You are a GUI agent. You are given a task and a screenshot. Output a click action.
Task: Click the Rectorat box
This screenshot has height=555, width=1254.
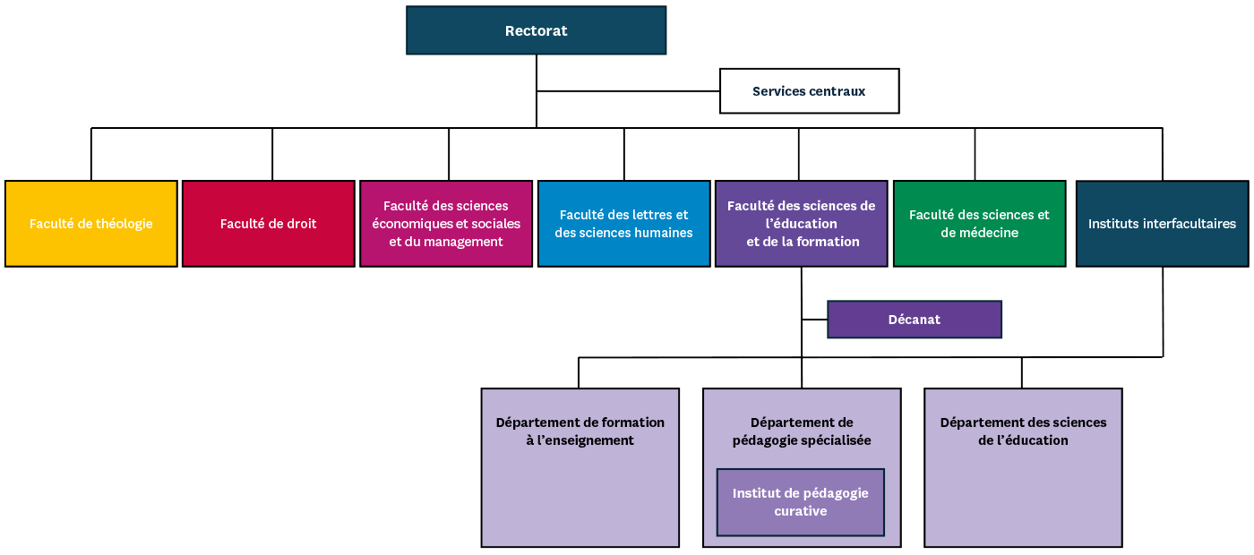tap(536, 30)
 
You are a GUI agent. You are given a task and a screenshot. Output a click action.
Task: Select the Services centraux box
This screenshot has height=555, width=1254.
tap(809, 91)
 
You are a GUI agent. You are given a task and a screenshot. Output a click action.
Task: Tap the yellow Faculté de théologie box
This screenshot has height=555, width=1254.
tap(91, 223)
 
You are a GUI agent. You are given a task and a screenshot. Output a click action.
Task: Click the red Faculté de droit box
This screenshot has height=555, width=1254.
tap(269, 223)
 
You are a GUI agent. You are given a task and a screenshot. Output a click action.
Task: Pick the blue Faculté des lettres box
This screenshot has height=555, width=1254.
tap(623, 223)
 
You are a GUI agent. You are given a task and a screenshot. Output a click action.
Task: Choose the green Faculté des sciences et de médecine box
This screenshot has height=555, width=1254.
tap(979, 223)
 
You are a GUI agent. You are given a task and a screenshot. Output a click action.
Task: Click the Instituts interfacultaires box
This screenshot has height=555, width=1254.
tap(1163, 223)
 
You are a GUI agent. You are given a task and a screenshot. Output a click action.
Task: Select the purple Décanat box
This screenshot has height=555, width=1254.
tap(915, 320)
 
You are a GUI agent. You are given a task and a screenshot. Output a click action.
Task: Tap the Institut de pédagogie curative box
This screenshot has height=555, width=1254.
tap(801, 502)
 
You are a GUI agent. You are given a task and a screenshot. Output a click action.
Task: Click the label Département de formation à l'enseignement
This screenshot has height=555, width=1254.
tap(580, 431)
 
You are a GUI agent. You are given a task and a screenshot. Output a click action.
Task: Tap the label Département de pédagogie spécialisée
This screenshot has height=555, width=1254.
tap(802, 431)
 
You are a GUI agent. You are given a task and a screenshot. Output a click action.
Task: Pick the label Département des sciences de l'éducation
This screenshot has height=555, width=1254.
tap(1023, 431)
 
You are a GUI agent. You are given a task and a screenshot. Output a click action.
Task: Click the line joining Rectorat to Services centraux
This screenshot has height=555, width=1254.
tap(628, 91)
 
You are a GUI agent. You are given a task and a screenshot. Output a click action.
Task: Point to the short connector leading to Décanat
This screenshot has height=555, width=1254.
tap(814, 320)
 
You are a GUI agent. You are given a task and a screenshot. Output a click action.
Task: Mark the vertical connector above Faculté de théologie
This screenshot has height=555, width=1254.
tap(91, 154)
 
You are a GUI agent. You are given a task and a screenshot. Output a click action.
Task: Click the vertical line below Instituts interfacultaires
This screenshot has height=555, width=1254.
tap(1163, 312)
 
